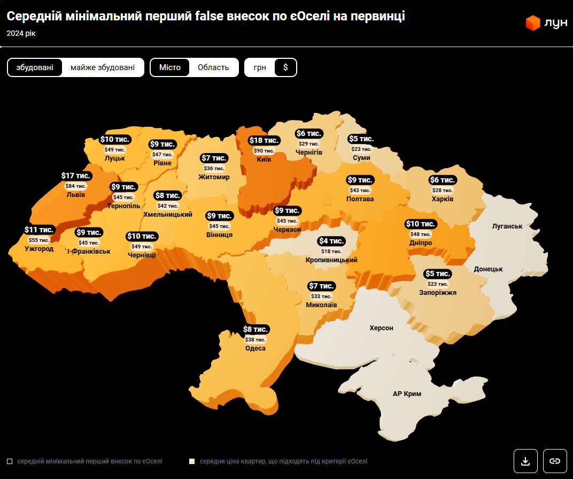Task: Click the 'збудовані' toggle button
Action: (x=35, y=67)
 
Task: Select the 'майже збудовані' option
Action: (x=103, y=67)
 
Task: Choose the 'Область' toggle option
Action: (x=213, y=67)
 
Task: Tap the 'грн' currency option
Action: (x=260, y=67)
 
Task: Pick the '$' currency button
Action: (x=285, y=67)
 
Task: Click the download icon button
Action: (x=525, y=461)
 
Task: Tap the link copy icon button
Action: (x=555, y=461)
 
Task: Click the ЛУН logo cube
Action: (x=533, y=23)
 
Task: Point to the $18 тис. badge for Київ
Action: (x=264, y=140)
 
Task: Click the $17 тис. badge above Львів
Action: (x=75, y=176)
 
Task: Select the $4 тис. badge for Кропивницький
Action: (x=331, y=241)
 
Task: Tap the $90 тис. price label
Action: (x=264, y=151)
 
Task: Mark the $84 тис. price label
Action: (x=75, y=186)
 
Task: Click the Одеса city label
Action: (x=255, y=348)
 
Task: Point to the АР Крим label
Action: (x=407, y=394)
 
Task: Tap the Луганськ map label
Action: (x=507, y=226)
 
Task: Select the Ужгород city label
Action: (x=39, y=249)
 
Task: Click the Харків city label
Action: (x=443, y=199)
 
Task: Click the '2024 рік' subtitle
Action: (x=21, y=33)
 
